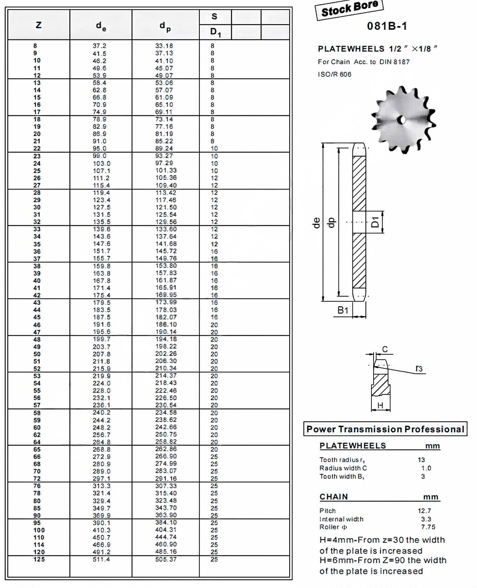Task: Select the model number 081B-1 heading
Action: pyautogui.click(x=387, y=26)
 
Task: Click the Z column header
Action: pyautogui.click(x=39, y=25)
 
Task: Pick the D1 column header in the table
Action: pyautogui.click(x=215, y=32)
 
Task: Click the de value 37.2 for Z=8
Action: pyautogui.click(x=99, y=46)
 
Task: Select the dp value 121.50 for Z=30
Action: pyautogui.click(x=166, y=207)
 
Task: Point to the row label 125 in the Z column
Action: pyautogui.click(x=39, y=559)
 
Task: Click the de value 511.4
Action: pyautogui.click(x=101, y=559)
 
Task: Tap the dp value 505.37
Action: pyautogui.click(x=166, y=559)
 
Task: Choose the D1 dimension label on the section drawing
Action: pyautogui.click(x=375, y=222)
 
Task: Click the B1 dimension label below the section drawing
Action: pyautogui.click(x=343, y=310)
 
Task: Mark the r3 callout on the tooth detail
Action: pyautogui.click(x=419, y=368)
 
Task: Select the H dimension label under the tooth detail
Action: pyautogui.click(x=380, y=405)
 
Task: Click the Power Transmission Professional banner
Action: pyautogui.click(x=385, y=429)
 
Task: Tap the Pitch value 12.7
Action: pyautogui.click(x=424, y=511)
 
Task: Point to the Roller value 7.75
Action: pyautogui.click(x=428, y=527)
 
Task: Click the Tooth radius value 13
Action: pyautogui.click(x=421, y=460)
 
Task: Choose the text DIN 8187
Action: pyautogui.click(x=394, y=62)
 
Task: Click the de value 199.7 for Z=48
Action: pyautogui.click(x=101, y=339)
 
